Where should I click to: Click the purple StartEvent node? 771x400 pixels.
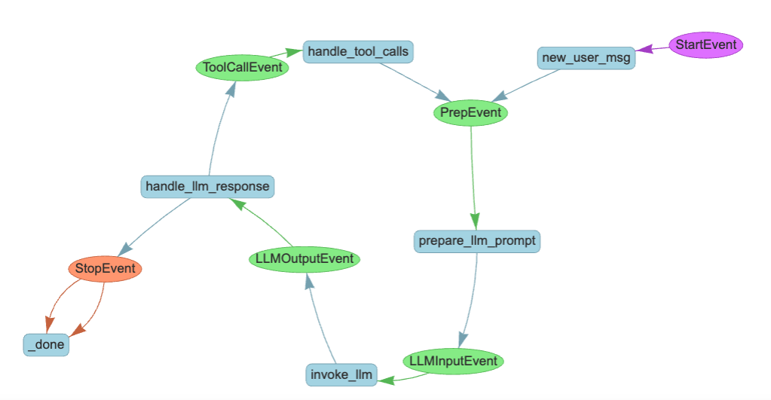point(706,44)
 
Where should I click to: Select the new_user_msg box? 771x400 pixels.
point(586,58)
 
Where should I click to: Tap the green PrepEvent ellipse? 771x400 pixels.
point(471,113)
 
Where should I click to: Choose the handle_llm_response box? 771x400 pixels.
point(207,186)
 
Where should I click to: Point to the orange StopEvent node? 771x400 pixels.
point(105,268)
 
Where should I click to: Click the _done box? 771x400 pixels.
point(46,345)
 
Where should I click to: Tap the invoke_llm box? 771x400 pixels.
point(341,374)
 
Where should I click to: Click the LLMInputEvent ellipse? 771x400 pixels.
point(453,361)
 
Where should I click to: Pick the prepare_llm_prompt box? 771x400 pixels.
point(477,241)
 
